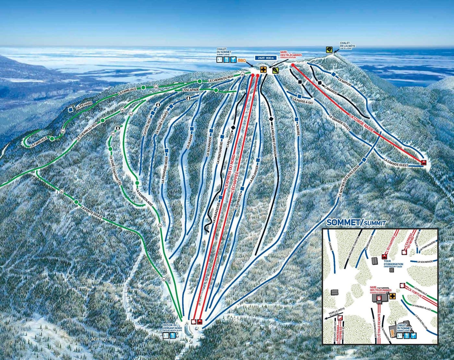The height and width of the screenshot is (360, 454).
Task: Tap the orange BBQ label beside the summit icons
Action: tap(242, 60)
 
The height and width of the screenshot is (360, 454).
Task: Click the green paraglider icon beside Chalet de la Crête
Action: tap(329, 50)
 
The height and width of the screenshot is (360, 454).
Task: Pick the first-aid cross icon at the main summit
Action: tap(263, 70)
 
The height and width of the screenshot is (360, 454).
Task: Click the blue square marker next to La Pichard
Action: tap(71, 110)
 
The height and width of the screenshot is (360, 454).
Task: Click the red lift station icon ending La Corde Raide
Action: tap(423, 163)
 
